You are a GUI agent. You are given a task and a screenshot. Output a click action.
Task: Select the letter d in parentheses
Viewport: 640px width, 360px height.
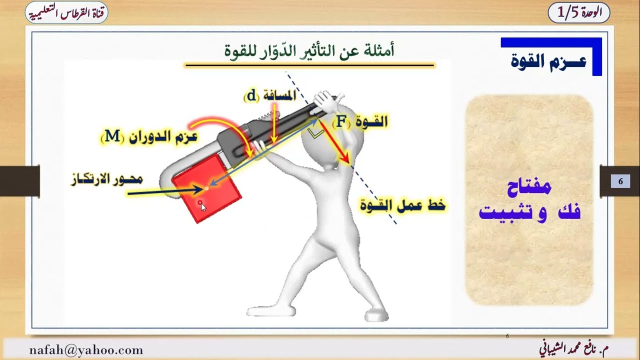[x=250, y=95]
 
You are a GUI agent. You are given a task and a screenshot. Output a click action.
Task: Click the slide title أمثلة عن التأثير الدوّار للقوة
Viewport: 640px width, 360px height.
[x=309, y=50]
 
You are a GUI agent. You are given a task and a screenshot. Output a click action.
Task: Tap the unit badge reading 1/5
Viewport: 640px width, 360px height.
[x=578, y=13]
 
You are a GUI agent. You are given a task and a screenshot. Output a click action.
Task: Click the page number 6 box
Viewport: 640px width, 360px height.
[x=620, y=181]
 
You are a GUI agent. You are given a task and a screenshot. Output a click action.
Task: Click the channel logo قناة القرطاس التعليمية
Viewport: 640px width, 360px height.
[x=66, y=12]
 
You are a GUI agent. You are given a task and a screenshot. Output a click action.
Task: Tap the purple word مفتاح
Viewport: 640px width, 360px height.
[x=528, y=187]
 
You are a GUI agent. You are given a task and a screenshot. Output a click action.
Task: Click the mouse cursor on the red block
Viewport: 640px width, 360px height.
[x=203, y=207]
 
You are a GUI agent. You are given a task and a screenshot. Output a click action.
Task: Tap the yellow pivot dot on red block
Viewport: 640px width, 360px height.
[x=206, y=188]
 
